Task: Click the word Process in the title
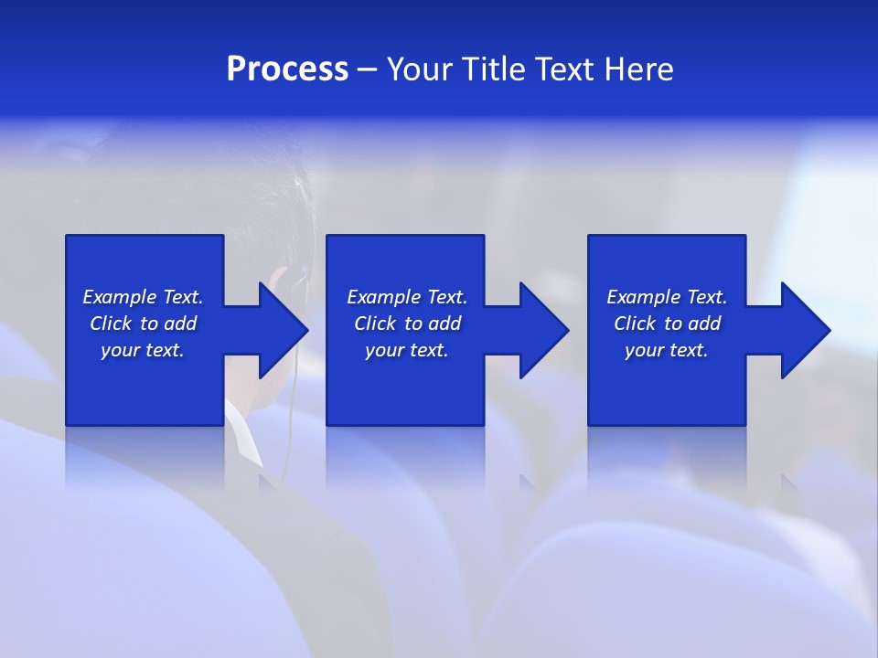click(x=287, y=69)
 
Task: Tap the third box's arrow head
click(x=804, y=330)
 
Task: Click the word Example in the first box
click(x=120, y=297)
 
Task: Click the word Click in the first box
click(x=111, y=324)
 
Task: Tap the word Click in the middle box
click(x=375, y=324)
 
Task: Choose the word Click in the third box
click(x=635, y=324)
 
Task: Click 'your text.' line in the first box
click(x=143, y=350)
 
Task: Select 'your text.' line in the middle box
click(x=406, y=350)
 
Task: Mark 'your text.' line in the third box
click(x=666, y=350)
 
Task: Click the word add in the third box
click(x=705, y=324)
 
